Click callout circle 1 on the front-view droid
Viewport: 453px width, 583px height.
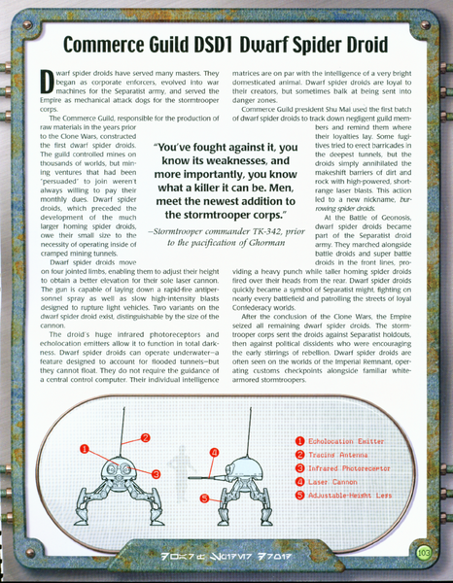click(x=85, y=449)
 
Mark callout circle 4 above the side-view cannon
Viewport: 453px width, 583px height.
click(x=213, y=453)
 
